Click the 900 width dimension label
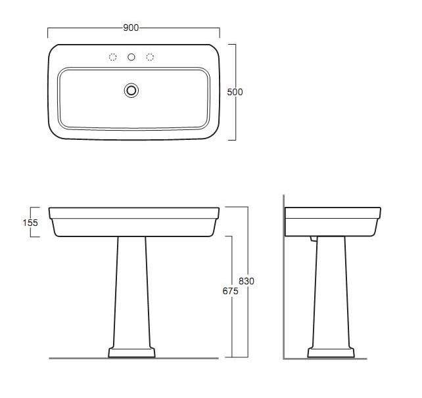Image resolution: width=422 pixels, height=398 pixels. [x=131, y=28]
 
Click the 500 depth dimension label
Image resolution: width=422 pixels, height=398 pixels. [x=235, y=92]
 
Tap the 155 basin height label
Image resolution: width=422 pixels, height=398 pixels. [x=30, y=223]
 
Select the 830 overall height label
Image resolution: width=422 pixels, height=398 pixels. [x=246, y=281]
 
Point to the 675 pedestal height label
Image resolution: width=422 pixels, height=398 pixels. [x=230, y=291]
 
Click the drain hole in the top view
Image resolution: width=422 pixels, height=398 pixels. [x=131, y=91]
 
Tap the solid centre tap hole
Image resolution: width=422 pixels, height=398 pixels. [x=131, y=57]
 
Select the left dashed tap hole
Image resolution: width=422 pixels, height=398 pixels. [x=113, y=57]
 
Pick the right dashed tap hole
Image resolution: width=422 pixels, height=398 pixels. [x=150, y=57]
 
